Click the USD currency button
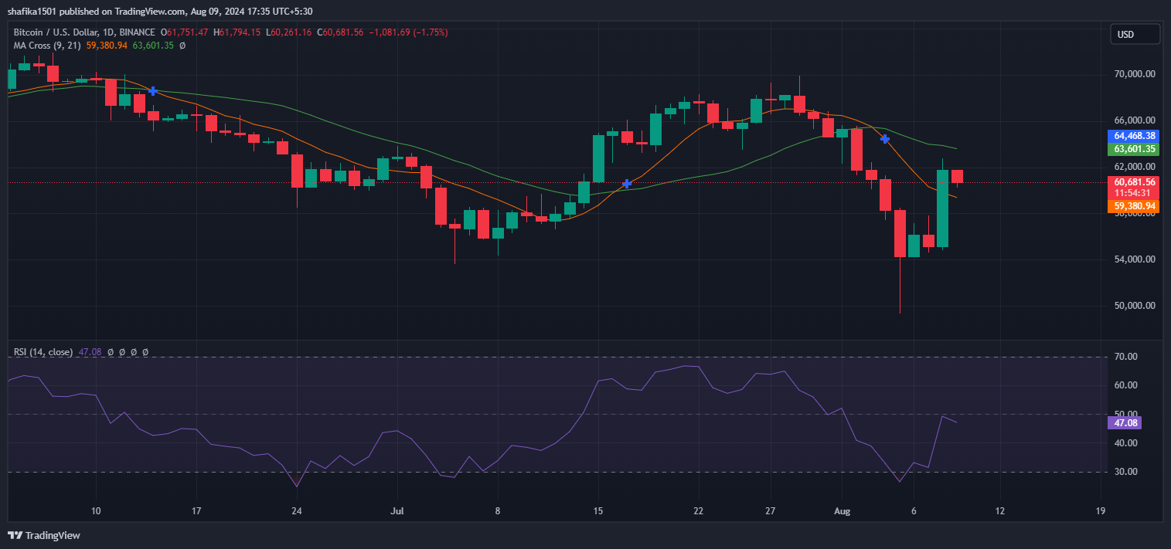(x=1135, y=34)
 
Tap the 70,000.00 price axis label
(x=1134, y=74)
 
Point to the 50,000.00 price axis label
(x=1134, y=305)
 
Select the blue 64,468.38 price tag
(x=1134, y=136)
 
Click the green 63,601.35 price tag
(x=1134, y=149)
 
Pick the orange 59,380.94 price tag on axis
(x=1134, y=206)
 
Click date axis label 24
(x=297, y=510)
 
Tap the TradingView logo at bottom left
(x=44, y=535)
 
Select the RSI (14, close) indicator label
(x=43, y=352)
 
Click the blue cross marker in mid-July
(x=627, y=184)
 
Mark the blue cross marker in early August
(x=885, y=139)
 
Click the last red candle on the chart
(x=957, y=177)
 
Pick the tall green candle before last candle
(x=943, y=208)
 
